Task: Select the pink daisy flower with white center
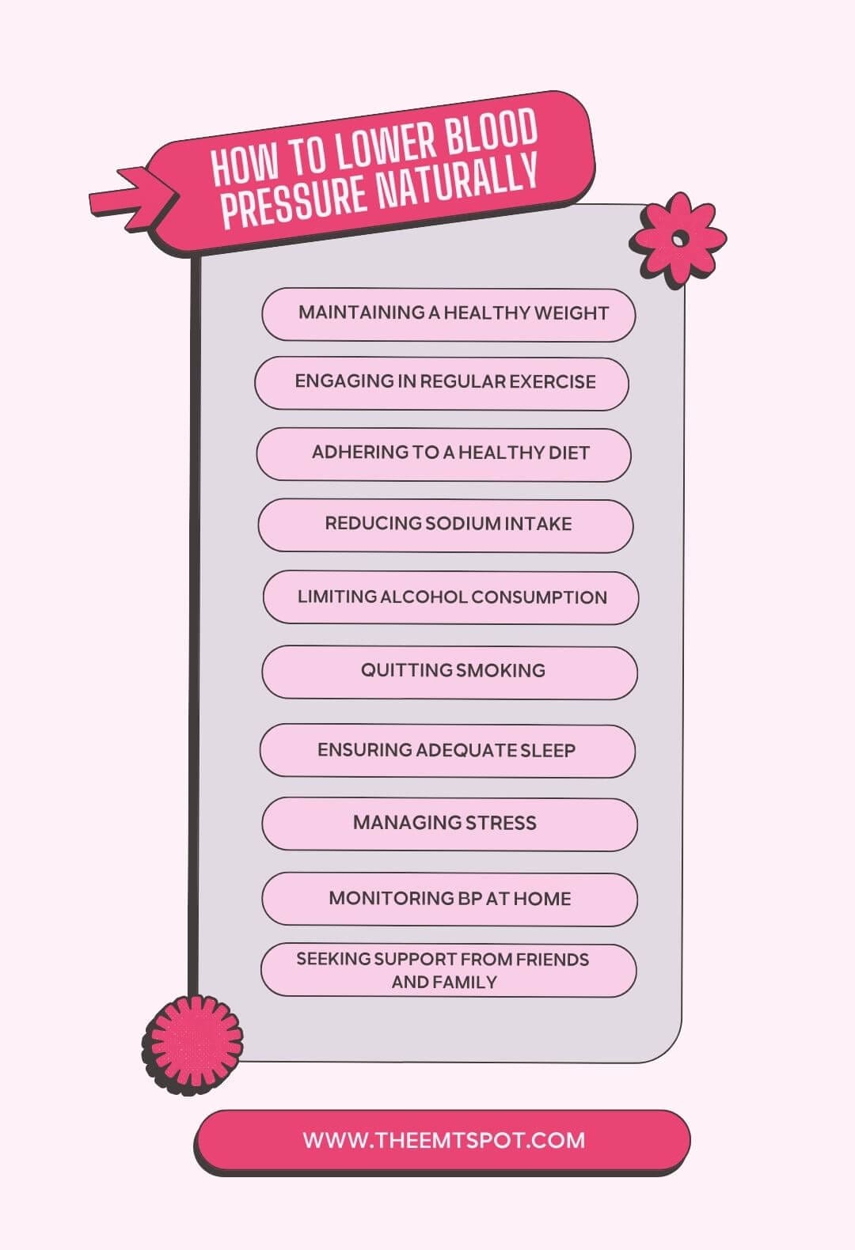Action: click(678, 240)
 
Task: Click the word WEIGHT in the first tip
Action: click(571, 313)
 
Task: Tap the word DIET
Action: click(568, 453)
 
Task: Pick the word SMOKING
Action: click(500, 670)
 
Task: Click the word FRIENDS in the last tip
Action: click(552, 960)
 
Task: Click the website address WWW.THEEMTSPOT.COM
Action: click(444, 1140)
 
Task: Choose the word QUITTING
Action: click(406, 670)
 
